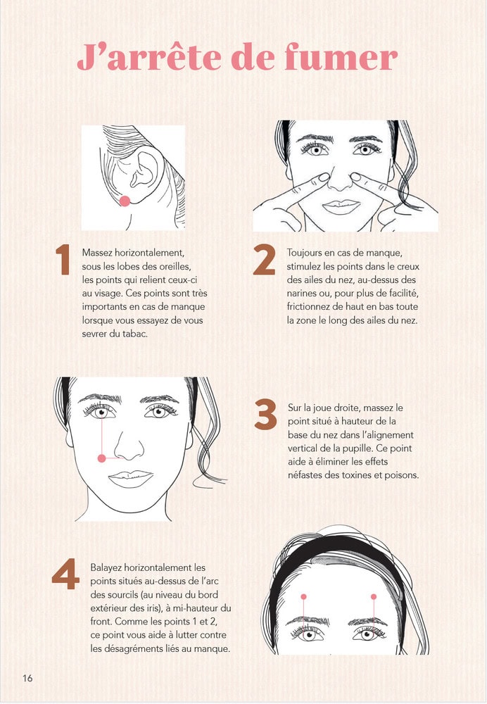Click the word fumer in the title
pos(341,57)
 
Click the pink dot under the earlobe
pos(125,201)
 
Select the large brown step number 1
pos(63,259)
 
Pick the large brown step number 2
pos(264,259)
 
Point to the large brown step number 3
pos(266,414)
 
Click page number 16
pos(27,678)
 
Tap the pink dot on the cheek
pos(102,458)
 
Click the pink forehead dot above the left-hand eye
pos(304,597)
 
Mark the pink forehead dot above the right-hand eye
pos(374,597)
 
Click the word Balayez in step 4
pos(106,568)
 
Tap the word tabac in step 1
pos(136,334)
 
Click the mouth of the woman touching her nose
pos(341,206)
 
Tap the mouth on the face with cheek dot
pos(131,479)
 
